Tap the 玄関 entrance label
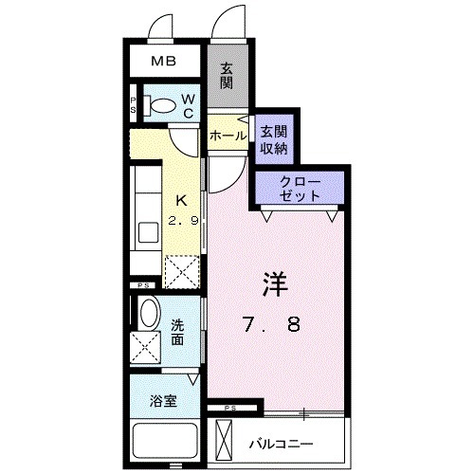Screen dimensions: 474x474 (228, 75)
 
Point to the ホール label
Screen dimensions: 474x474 (228, 137)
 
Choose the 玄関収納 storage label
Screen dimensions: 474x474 (274, 138)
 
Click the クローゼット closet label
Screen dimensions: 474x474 (301, 187)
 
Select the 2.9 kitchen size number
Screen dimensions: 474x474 (184, 221)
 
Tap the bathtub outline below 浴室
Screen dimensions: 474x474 (167, 441)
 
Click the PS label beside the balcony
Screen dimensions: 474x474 (230, 408)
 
